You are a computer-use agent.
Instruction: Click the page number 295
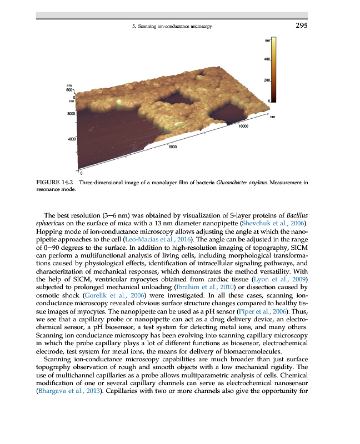[x=299, y=26]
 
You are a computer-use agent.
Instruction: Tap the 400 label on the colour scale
[x=267, y=59]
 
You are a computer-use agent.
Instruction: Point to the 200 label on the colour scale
[x=267, y=81]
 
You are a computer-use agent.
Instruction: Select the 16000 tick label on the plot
[x=243, y=127]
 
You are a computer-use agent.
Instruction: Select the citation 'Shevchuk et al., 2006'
[x=275, y=223]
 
